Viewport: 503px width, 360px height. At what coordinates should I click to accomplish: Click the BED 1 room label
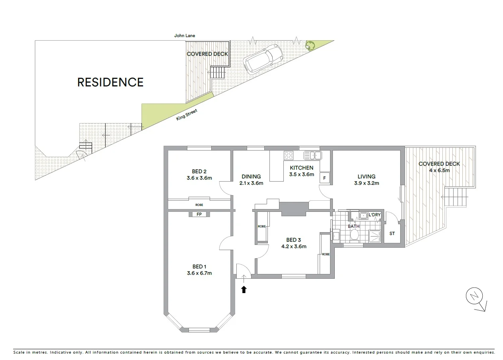click(x=199, y=266)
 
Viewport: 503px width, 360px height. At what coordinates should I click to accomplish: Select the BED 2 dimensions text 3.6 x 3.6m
click(x=199, y=178)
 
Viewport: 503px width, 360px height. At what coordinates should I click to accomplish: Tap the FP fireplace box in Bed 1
click(x=199, y=214)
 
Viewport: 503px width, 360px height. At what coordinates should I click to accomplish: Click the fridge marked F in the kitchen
click(x=324, y=178)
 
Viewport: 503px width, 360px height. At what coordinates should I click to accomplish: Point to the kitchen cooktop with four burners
click(x=289, y=155)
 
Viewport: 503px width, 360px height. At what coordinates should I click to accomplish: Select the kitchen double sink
click(x=312, y=155)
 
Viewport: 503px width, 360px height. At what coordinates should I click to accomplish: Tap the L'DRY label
click(x=374, y=215)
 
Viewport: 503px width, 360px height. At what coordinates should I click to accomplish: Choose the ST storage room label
click(x=392, y=233)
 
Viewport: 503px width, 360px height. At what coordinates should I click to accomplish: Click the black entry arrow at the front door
click(x=244, y=290)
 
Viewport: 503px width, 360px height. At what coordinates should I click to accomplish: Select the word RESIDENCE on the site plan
click(x=110, y=82)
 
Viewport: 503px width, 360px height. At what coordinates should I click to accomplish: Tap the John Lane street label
click(x=185, y=35)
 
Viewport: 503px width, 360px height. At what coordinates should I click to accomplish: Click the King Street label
click(x=187, y=115)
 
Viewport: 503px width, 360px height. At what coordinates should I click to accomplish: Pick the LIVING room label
click(x=366, y=176)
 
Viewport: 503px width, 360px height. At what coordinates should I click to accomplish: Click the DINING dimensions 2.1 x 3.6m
click(x=251, y=183)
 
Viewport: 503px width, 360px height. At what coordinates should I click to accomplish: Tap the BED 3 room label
click(x=293, y=240)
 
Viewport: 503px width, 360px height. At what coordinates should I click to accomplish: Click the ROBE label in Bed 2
click(x=199, y=205)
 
